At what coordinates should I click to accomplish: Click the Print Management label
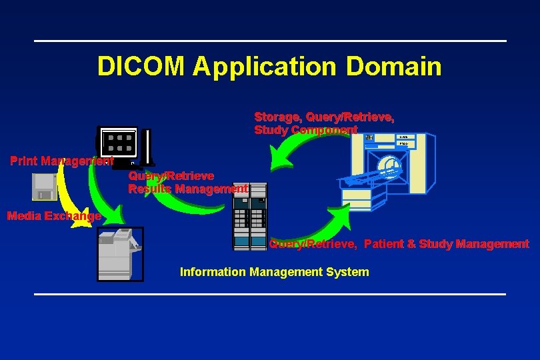point(61,161)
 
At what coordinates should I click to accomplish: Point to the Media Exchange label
point(53,215)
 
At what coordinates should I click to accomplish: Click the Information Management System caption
point(274,272)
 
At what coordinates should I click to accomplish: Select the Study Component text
point(305,130)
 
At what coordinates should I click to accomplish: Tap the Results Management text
point(188,189)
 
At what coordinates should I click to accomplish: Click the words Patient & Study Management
point(447,244)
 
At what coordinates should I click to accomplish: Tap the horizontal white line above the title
point(270,41)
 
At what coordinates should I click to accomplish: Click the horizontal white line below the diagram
point(270,293)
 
